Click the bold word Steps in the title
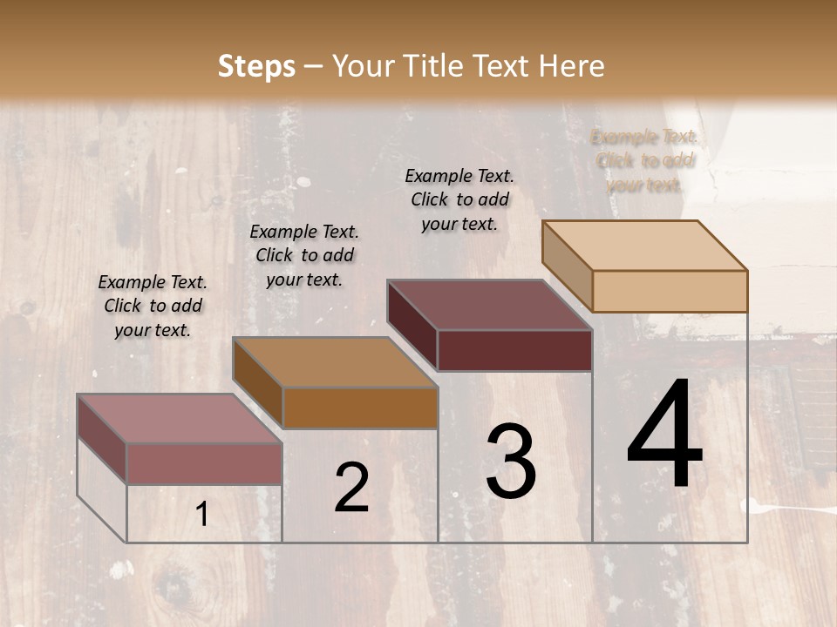[256, 66]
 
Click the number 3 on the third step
[511, 462]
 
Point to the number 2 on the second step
[351, 488]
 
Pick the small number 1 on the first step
[202, 515]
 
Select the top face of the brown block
[335, 362]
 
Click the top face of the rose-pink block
[180, 419]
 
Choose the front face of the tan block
[670, 291]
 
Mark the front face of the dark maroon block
[514, 350]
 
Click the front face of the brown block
[360, 408]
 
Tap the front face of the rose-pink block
[205, 463]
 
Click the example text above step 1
[153, 306]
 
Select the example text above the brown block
[304, 255]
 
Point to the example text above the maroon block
[459, 199]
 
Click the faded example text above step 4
[644, 160]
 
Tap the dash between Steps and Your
[314, 66]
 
